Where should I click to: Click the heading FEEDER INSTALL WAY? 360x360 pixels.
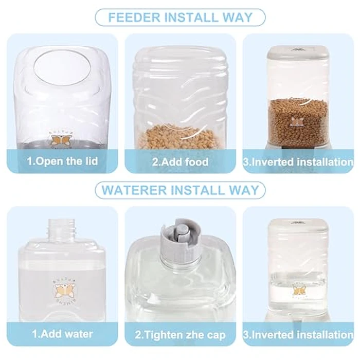click(180, 17)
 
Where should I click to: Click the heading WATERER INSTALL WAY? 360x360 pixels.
click(180, 190)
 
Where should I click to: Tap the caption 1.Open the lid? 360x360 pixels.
click(62, 161)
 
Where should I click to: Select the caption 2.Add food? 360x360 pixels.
click(181, 161)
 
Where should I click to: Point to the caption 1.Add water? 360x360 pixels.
click(62, 334)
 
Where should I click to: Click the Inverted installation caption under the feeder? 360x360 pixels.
click(298, 161)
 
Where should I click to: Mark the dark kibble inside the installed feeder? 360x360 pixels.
click(298, 121)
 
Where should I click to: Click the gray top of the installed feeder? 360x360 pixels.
click(298, 51)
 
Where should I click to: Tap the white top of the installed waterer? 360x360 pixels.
click(298, 224)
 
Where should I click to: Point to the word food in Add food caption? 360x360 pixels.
click(197, 161)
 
